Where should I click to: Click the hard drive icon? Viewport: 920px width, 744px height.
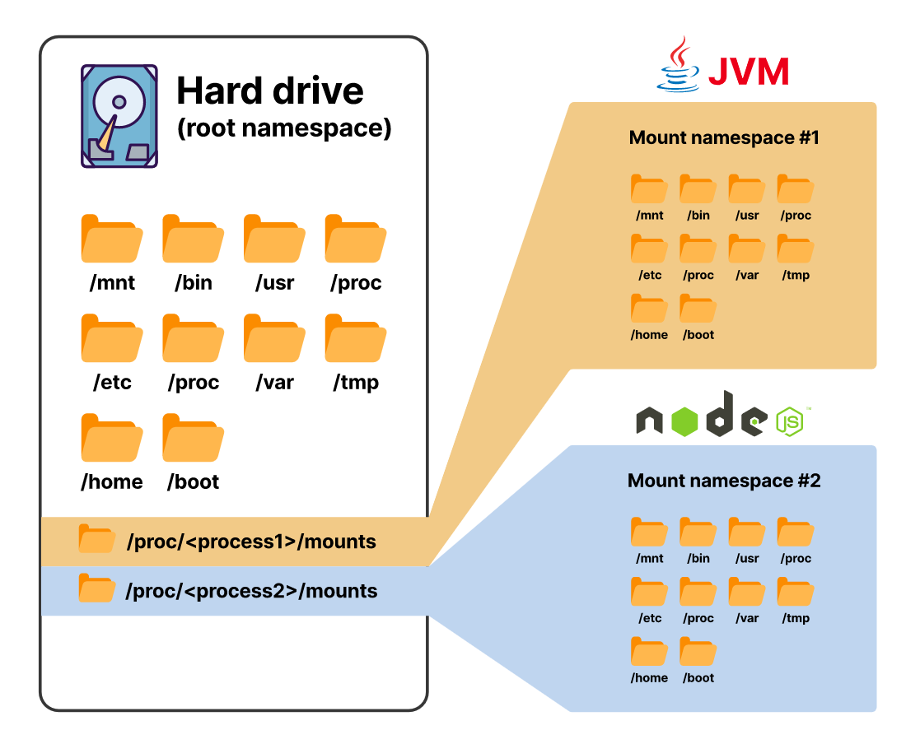click(119, 116)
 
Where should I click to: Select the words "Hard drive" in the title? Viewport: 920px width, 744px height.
click(270, 90)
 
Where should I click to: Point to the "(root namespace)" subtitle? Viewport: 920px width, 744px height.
click(284, 129)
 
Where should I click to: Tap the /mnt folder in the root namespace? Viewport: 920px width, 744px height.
click(112, 239)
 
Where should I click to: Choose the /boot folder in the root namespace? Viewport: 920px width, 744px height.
click(194, 438)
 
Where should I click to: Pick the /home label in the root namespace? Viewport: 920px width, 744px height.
click(112, 481)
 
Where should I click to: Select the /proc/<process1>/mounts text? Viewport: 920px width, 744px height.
click(251, 542)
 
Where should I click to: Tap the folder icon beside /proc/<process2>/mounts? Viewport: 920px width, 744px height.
click(96, 588)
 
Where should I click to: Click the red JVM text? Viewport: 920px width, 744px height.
click(749, 72)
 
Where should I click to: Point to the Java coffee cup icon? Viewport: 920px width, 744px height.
click(677, 64)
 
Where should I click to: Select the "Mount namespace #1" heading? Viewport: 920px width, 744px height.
click(724, 137)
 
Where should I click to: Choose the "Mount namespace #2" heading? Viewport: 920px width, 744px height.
click(724, 481)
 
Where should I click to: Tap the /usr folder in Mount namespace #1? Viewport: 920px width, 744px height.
click(747, 189)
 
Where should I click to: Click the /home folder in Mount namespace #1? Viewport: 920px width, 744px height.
click(649, 309)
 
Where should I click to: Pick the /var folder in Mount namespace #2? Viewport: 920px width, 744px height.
click(747, 592)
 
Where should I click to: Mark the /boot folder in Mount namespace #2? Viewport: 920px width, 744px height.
click(698, 652)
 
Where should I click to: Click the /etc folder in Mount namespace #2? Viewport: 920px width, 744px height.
click(649, 592)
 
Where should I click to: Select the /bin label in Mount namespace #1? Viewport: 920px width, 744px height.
click(698, 216)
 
